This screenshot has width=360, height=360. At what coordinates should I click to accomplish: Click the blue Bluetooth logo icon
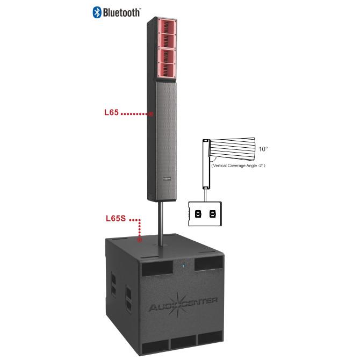[x=97, y=12]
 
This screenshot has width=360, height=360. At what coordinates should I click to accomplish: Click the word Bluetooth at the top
[x=121, y=13]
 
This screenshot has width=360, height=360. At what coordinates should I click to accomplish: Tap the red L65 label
[x=111, y=112]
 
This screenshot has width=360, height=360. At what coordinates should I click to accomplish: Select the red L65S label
[x=116, y=218]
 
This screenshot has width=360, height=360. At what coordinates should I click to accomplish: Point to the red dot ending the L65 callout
[x=151, y=114]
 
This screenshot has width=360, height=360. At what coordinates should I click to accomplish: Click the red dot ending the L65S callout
[x=140, y=240]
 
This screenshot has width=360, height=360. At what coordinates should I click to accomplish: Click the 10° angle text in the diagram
[x=263, y=149]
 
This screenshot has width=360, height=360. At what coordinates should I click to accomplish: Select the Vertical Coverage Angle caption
[x=239, y=165]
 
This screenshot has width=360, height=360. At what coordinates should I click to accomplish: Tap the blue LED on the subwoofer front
[x=183, y=266]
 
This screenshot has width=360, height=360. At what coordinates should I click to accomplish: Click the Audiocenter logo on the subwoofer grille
[x=183, y=304]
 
